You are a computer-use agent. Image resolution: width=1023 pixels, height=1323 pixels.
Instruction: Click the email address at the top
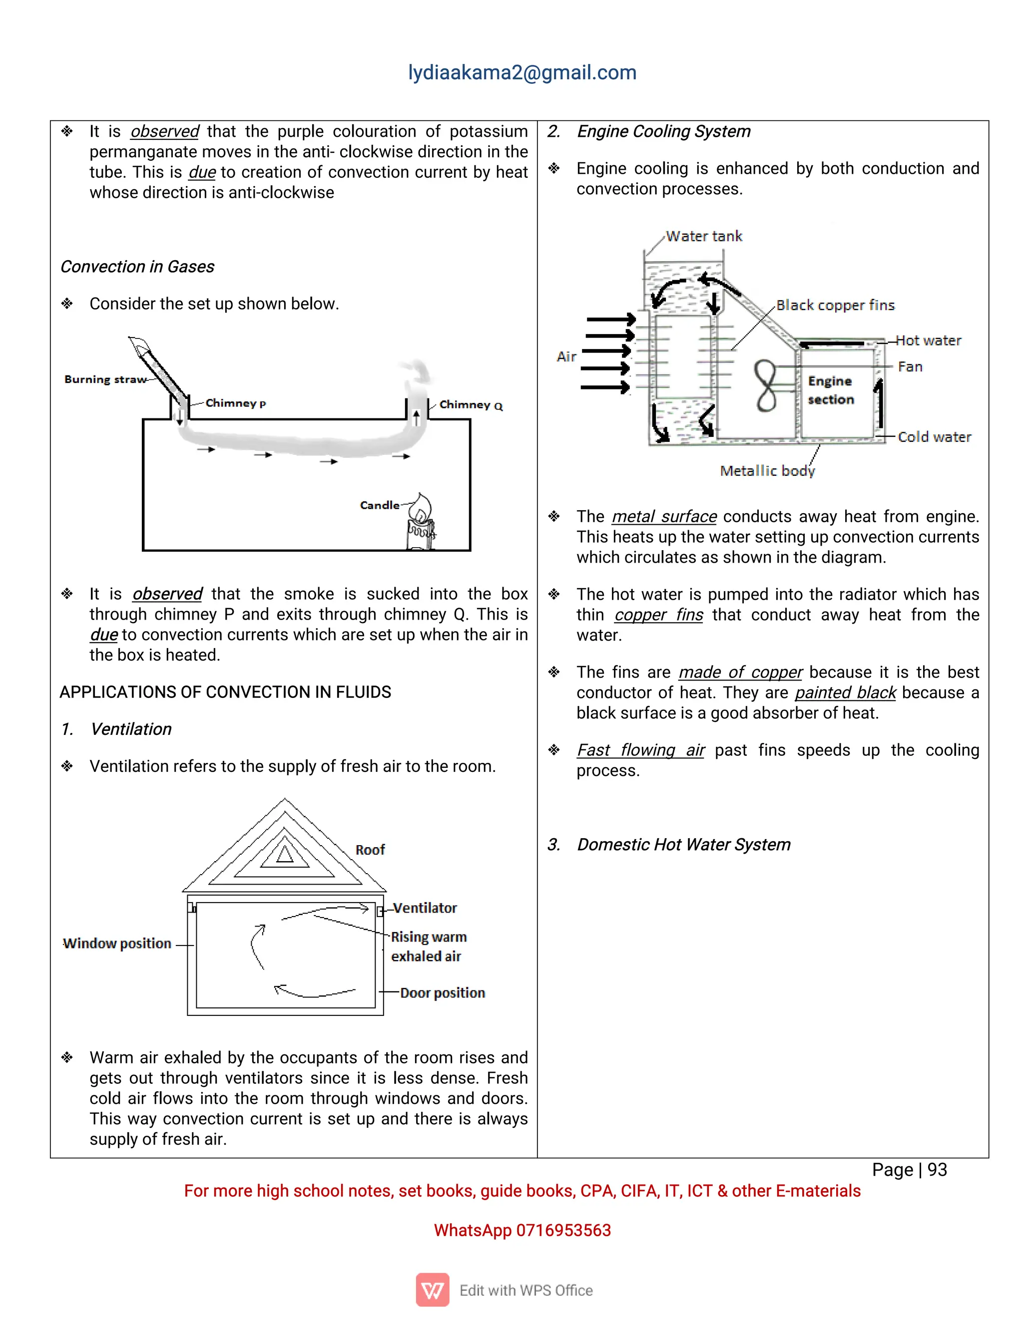[x=522, y=73]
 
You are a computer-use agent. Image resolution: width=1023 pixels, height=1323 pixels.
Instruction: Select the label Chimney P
[x=235, y=403]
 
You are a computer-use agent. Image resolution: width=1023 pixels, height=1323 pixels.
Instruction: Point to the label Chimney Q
[x=471, y=405]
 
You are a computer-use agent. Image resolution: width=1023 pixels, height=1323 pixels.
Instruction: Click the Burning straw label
[x=105, y=380]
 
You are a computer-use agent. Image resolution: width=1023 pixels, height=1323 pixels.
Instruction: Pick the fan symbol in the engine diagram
[x=766, y=385]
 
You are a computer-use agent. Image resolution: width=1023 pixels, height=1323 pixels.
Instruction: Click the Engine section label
[x=830, y=390]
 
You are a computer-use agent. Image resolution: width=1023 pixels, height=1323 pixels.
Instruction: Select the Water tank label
[x=704, y=236]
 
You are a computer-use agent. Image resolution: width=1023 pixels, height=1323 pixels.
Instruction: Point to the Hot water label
[x=928, y=340]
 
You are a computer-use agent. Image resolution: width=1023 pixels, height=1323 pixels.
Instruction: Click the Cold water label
[x=934, y=437]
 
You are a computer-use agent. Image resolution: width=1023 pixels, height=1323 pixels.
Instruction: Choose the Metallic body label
[x=767, y=471]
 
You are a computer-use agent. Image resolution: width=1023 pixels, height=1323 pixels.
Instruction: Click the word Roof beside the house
[x=370, y=850]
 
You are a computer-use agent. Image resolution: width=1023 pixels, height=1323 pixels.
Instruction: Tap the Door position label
[x=443, y=993]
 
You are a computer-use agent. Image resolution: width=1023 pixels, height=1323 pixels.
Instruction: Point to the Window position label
[x=117, y=944]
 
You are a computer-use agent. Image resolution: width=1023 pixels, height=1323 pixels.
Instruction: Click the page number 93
[x=937, y=1170]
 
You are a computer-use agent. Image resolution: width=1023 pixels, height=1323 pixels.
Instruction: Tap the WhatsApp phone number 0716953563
[x=563, y=1230]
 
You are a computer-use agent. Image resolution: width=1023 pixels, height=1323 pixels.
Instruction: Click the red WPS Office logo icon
[x=432, y=1290]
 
